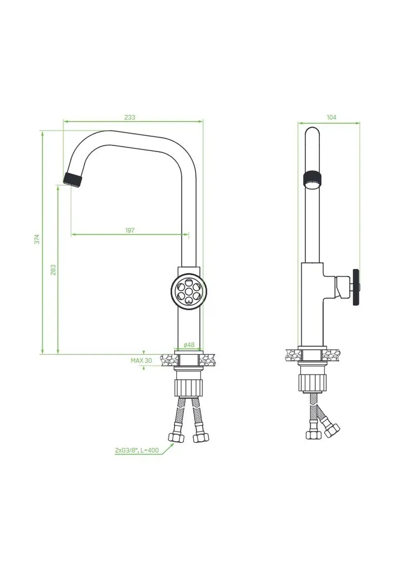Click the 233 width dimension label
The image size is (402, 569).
(129, 117)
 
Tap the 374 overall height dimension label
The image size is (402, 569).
(37, 239)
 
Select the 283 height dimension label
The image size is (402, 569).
(53, 269)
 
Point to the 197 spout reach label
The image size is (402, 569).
(130, 230)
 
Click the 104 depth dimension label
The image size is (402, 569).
(331, 117)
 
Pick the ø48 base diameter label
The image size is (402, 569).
(189, 345)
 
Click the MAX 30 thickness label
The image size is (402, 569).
(142, 361)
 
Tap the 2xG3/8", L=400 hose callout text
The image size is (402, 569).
(137, 451)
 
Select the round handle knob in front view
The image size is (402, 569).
(189, 290)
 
